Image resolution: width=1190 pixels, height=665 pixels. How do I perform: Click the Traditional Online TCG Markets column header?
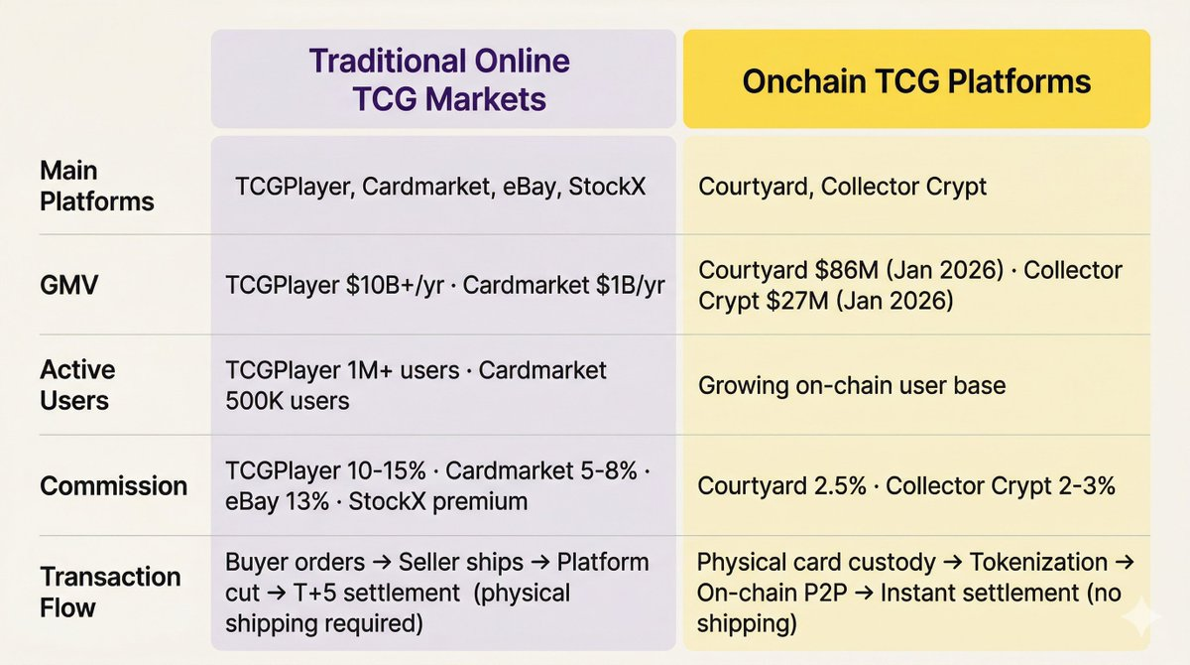439,79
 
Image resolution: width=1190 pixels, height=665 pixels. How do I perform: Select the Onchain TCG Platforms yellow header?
916,80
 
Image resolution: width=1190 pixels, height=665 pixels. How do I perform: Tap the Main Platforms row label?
96,186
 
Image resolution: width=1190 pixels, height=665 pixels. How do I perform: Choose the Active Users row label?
77,385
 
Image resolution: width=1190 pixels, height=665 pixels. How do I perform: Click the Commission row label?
113,485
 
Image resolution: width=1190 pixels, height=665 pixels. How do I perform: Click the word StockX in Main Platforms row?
607,186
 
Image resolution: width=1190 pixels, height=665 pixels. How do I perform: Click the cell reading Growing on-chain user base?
852,385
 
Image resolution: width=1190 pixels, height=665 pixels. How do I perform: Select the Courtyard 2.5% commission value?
782,485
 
